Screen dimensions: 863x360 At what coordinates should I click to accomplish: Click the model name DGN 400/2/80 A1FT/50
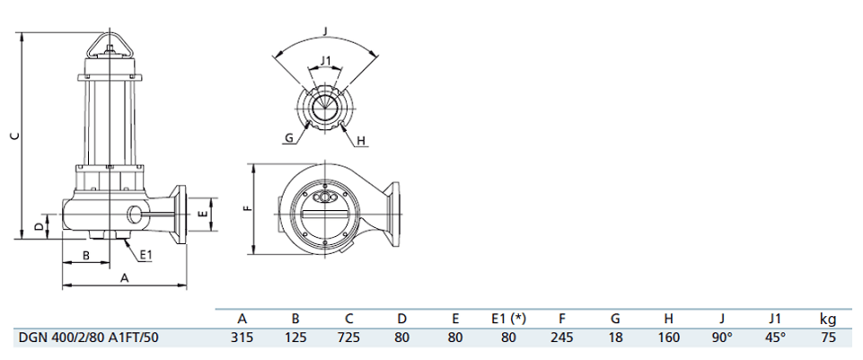click(89, 338)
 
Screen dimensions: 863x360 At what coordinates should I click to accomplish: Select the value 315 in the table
click(242, 338)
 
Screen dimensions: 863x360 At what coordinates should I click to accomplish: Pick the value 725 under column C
click(349, 338)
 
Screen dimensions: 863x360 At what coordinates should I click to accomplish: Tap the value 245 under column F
click(562, 338)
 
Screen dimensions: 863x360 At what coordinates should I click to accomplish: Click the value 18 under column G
click(615, 338)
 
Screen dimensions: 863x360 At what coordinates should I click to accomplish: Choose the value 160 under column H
click(668, 338)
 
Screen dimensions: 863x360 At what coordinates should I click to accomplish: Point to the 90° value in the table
click(722, 338)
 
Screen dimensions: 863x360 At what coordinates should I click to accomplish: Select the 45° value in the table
click(776, 338)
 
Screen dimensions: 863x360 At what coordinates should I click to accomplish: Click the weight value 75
click(828, 338)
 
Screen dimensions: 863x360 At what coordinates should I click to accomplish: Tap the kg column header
click(828, 320)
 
